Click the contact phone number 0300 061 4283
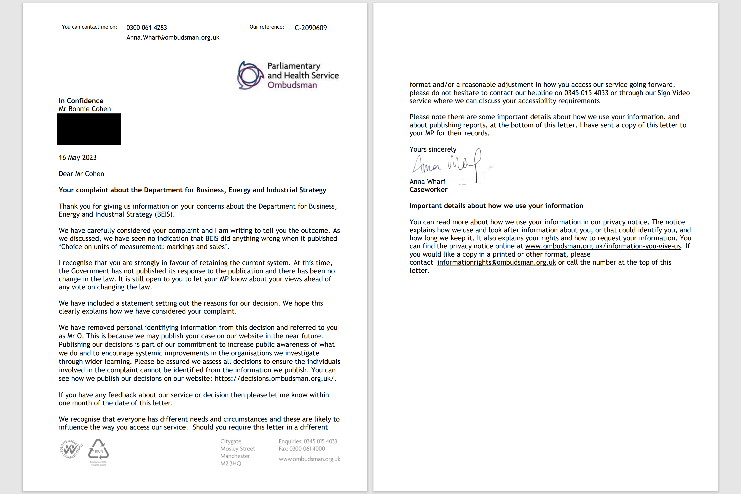coord(147,28)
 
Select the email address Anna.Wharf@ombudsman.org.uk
coord(173,38)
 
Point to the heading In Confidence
coord(81,101)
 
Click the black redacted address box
coord(89,129)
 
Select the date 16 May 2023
coord(78,158)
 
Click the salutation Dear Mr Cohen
coord(81,174)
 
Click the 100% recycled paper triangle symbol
coord(98,450)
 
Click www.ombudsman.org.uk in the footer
coord(309,459)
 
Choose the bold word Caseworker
coord(428,190)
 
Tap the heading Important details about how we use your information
coord(496,206)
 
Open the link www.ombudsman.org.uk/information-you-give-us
coord(603,246)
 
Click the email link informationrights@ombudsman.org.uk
coord(497,263)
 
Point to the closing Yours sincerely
coord(432,149)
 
